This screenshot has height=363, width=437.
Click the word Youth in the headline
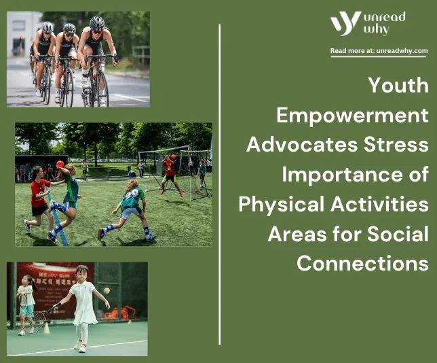(x=398, y=85)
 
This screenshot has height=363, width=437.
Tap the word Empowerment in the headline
(x=352, y=115)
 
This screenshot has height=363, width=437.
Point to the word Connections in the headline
(x=362, y=263)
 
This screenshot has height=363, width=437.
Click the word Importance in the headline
(x=340, y=175)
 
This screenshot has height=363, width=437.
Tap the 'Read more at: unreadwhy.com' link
(x=379, y=51)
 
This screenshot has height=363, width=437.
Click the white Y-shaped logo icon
(x=345, y=24)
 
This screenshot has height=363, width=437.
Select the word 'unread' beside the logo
(x=384, y=17)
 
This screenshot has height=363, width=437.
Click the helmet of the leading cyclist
(x=97, y=24)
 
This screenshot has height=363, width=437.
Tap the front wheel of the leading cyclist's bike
(x=102, y=89)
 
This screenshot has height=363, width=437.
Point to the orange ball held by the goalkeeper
(x=173, y=156)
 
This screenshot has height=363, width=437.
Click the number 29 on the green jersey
(x=133, y=194)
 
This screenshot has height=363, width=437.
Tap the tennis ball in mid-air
(x=107, y=291)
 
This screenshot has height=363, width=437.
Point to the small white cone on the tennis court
(x=47, y=328)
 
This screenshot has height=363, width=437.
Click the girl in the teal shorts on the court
(x=26, y=305)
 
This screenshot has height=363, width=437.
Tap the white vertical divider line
(x=220, y=185)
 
